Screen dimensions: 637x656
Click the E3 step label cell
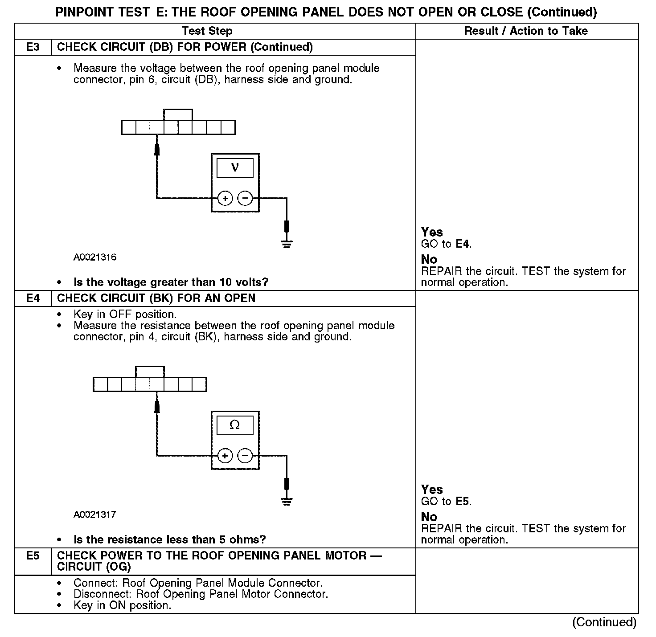tap(33, 47)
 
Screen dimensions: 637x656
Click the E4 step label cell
tap(33, 298)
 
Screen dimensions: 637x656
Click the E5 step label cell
tap(33, 556)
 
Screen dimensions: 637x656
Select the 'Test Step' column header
tap(207, 31)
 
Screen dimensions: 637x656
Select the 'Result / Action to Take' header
tap(526, 31)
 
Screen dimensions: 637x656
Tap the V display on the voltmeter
tap(235, 168)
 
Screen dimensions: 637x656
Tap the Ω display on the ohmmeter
tap(235, 425)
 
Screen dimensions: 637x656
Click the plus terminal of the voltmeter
tap(225, 198)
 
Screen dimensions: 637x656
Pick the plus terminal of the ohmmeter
tap(225, 456)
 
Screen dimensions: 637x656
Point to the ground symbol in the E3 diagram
tap(287, 244)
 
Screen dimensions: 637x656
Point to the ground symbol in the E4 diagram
tap(287, 501)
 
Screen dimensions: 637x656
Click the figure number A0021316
tap(95, 257)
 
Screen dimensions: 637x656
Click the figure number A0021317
tap(95, 514)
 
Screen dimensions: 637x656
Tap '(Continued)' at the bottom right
tap(604, 622)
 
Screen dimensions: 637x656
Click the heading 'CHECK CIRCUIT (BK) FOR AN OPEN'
tap(156, 298)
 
